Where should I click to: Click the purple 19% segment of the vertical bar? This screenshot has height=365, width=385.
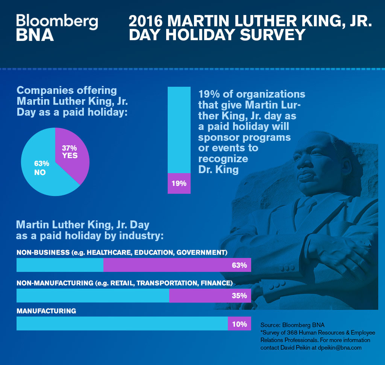tap(179, 183)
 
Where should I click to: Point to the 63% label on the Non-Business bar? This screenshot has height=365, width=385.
tap(239, 265)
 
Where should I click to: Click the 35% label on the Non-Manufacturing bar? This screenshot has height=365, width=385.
tap(239, 296)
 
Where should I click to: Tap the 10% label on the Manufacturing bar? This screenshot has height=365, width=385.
tap(239, 324)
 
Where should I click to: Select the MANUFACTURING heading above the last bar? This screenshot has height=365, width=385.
tap(46, 311)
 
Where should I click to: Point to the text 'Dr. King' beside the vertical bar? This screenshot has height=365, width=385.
tap(218, 169)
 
